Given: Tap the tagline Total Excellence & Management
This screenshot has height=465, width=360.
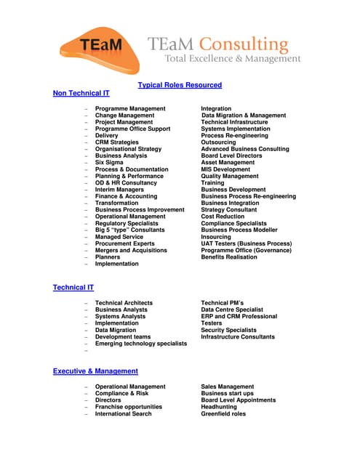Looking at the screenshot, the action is (x=232, y=58).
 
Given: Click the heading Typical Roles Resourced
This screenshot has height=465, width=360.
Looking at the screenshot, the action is (x=180, y=85).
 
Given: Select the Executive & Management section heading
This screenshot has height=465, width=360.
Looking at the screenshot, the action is (x=95, y=371).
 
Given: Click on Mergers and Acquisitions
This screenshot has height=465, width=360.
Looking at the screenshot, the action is (x=131, y=250).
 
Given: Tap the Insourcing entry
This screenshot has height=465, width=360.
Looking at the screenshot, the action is (x=216, y=236).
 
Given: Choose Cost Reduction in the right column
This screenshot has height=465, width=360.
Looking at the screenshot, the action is (x=223, y=216).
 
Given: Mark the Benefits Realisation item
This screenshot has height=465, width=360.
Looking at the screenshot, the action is (x=229, y=256).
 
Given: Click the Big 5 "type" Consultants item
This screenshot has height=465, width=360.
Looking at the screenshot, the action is (x=129, y=230).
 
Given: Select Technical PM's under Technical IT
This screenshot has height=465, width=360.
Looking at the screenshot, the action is (x=222, y=303).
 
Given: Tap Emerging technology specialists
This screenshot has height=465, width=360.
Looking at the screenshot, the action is (x=141, y=344).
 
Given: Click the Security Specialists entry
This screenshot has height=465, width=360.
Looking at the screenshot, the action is (x=228, y=330).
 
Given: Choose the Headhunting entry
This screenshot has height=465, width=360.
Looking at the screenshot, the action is (x=219, y=407).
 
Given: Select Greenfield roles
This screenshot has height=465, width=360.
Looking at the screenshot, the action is (x=223, y=414).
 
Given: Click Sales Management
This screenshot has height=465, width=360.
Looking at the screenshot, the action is (x=228, y=387).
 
